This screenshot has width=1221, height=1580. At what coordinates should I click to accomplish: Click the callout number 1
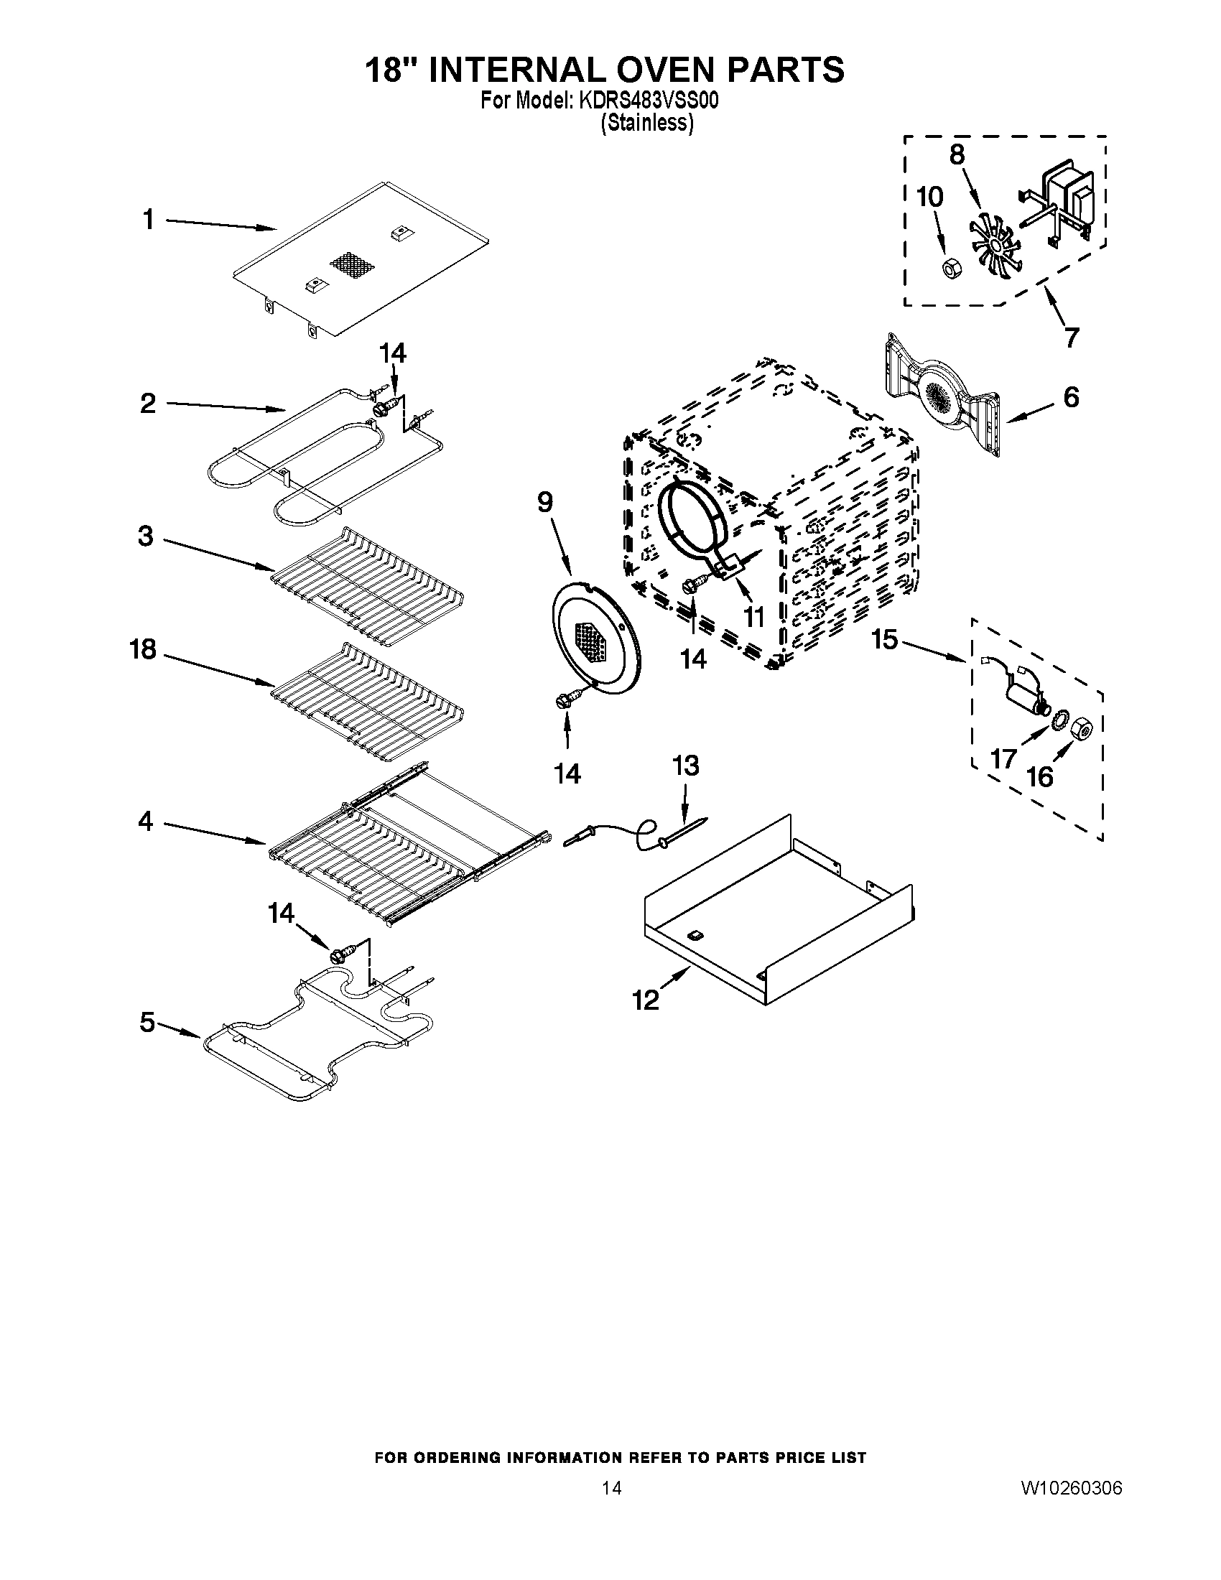coord(148,218)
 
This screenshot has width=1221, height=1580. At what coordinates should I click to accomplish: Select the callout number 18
coord(143,649)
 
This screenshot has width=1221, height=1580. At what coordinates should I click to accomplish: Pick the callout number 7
coord(1071,336)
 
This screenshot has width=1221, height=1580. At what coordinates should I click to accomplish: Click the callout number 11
coord(753,617)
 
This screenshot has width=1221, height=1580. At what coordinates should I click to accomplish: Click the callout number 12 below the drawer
coord(646,1000)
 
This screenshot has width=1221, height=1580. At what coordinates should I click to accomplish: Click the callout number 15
coord(884,639)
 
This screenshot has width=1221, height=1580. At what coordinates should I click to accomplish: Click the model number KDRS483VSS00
coord(647,101)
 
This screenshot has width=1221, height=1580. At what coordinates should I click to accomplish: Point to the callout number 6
coord(1071,397)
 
